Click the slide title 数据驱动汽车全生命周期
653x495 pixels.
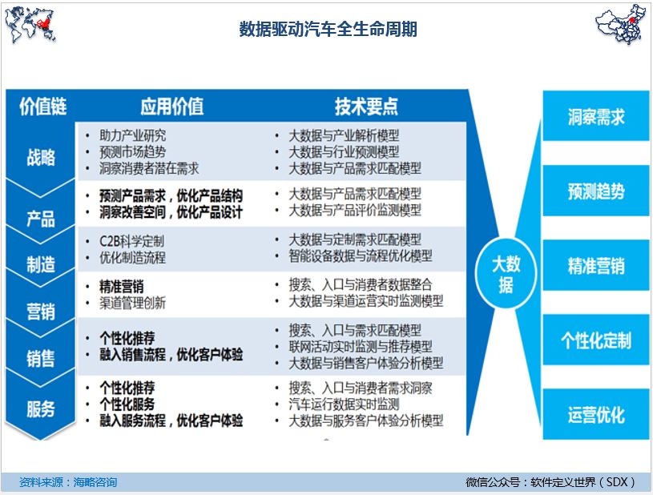pyautogui.click(x=329, y=29)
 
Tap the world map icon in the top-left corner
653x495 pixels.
pyautogui.click(x=30, y=25)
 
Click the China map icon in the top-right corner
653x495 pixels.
pyautogui.click(x=620, y=24)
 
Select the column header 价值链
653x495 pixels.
pyautogui.click(x=43, y=107)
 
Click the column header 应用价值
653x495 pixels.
pyautogui.click(x=172, y=107)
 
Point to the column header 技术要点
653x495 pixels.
pyautogui.click(x=366, y=107)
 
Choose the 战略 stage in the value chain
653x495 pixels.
pyautogui.click(x=41, y=157)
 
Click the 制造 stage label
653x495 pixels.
pyautogui.click(x=41, y=264)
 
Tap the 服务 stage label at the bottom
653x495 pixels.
pyautogui.click(x=41, y=408)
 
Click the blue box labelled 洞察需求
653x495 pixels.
pyautogui.click(x=596, y=116)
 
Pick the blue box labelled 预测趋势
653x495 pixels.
pyautogui.click(x=596, y=191)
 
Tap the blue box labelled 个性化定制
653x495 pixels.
pyautogui.click(x=596, y=340)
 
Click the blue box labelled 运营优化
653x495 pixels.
pyautogui.click(x=596, y=415)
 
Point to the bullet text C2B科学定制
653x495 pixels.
pyautogui.click(x=131, y=241)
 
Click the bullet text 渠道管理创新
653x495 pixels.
pyautogui.click(x=132, y=303)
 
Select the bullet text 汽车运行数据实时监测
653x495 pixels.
pyautogui.click(x=344, y=404)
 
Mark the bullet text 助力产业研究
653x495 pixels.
pyautogui.click(x=132, y=135)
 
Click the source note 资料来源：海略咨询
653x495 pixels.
pyautogui.click(x=68, y=482)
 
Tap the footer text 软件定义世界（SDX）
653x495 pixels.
pyautogui.click(x=583, y=482)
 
